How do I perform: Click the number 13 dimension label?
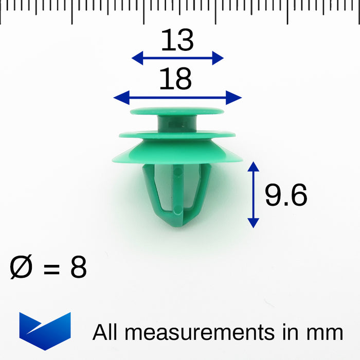(177, 41)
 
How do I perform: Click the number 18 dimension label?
(175, 79)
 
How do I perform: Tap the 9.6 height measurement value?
(286, 195)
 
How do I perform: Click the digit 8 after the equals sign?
(78, 268)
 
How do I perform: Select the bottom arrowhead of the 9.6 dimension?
(253, 222)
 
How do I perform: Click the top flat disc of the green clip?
(177, 111)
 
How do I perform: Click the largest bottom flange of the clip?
(177, 154)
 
